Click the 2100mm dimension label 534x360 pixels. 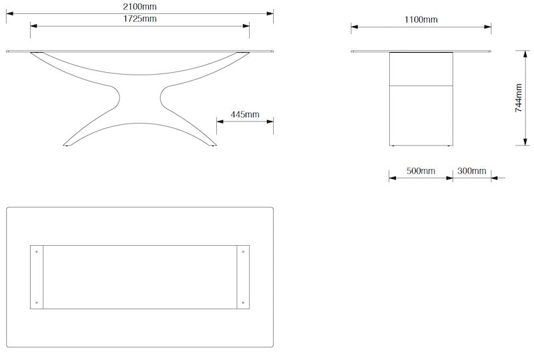[x=140, y=6]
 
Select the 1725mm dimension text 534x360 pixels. [x=140, y=19]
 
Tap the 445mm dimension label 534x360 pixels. [x=245, y=114]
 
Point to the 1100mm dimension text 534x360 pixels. [x=421, y=19]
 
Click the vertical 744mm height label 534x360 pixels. [x=519, y=98]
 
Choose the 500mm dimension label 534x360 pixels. [x=421, y=171]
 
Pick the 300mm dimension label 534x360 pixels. [x=471, y=171]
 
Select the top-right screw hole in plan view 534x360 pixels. [x=243, y=252]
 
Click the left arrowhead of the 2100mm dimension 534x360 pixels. [x=10, y=13]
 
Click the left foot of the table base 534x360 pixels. [x=69, y=143]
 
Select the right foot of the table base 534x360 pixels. [x=212, y=143]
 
